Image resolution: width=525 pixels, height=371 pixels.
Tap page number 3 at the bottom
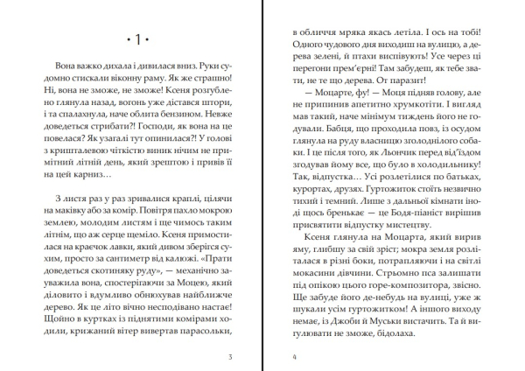(x=228, y=356)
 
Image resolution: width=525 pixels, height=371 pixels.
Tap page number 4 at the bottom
(x=296, y=356)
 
